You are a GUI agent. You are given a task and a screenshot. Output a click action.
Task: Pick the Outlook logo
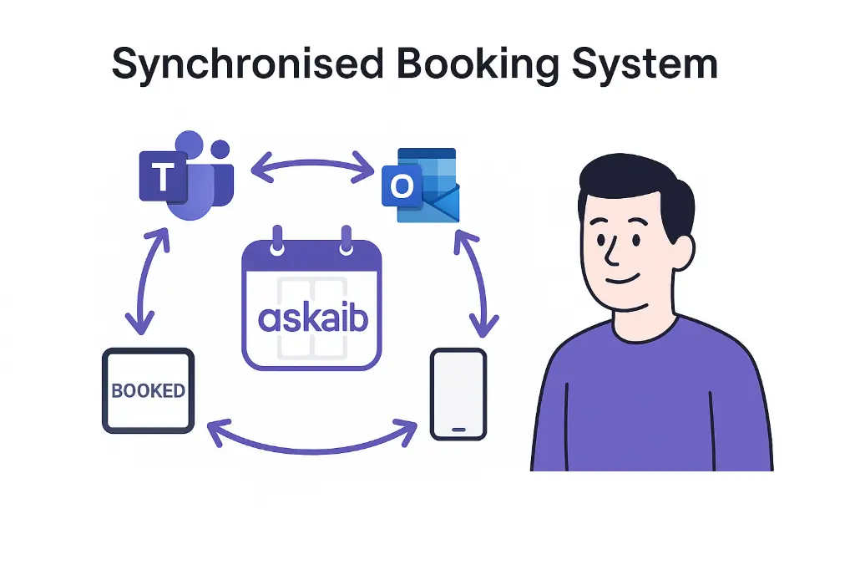tap(420, 185)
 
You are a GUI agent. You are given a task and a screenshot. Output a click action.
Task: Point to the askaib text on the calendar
tap(313, 318)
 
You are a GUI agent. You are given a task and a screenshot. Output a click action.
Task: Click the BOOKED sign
tap(148, 390)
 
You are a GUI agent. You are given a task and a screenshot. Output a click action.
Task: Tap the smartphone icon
tap(458, 394)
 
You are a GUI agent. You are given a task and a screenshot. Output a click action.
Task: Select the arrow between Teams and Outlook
tap(312, 165)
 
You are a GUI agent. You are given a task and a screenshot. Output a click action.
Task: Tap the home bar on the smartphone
tap(458, 428)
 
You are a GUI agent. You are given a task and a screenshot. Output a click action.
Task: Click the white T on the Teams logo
tap(163, 177)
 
